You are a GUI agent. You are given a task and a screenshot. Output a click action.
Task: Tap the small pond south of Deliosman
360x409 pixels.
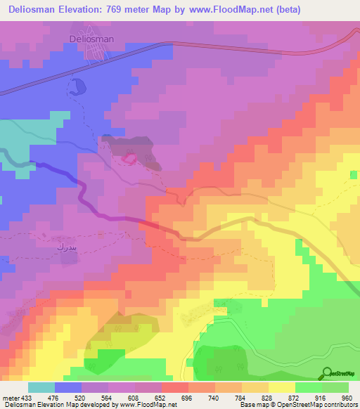click(76, 88)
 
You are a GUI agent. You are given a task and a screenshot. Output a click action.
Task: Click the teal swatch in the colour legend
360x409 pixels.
click(41, 387)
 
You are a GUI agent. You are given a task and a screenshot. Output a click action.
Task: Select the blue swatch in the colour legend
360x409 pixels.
click(67, 387)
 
